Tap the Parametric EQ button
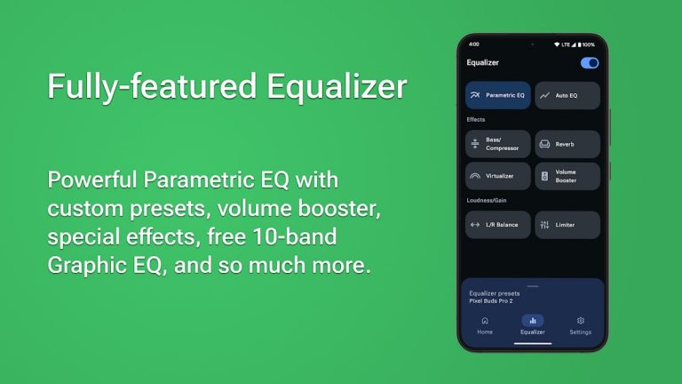(x=498, y=95)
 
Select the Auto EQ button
(x=567, y=95)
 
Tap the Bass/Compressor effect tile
(x=498, y=144)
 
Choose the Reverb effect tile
(x=567, y=144)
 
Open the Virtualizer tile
(x=498, y=176)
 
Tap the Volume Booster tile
(x=567, y=176)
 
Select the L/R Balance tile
(x=498, y=225)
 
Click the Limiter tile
(x=567, y=225)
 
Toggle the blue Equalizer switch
(x=589, y=63)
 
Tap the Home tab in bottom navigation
(x=485, y=324)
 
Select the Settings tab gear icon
(x=580, y=321)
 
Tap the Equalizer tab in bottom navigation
(x=532, y=324)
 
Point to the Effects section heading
(x=476, y=119)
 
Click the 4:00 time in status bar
(x=473, y=44)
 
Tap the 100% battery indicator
(x=586, y=44)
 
